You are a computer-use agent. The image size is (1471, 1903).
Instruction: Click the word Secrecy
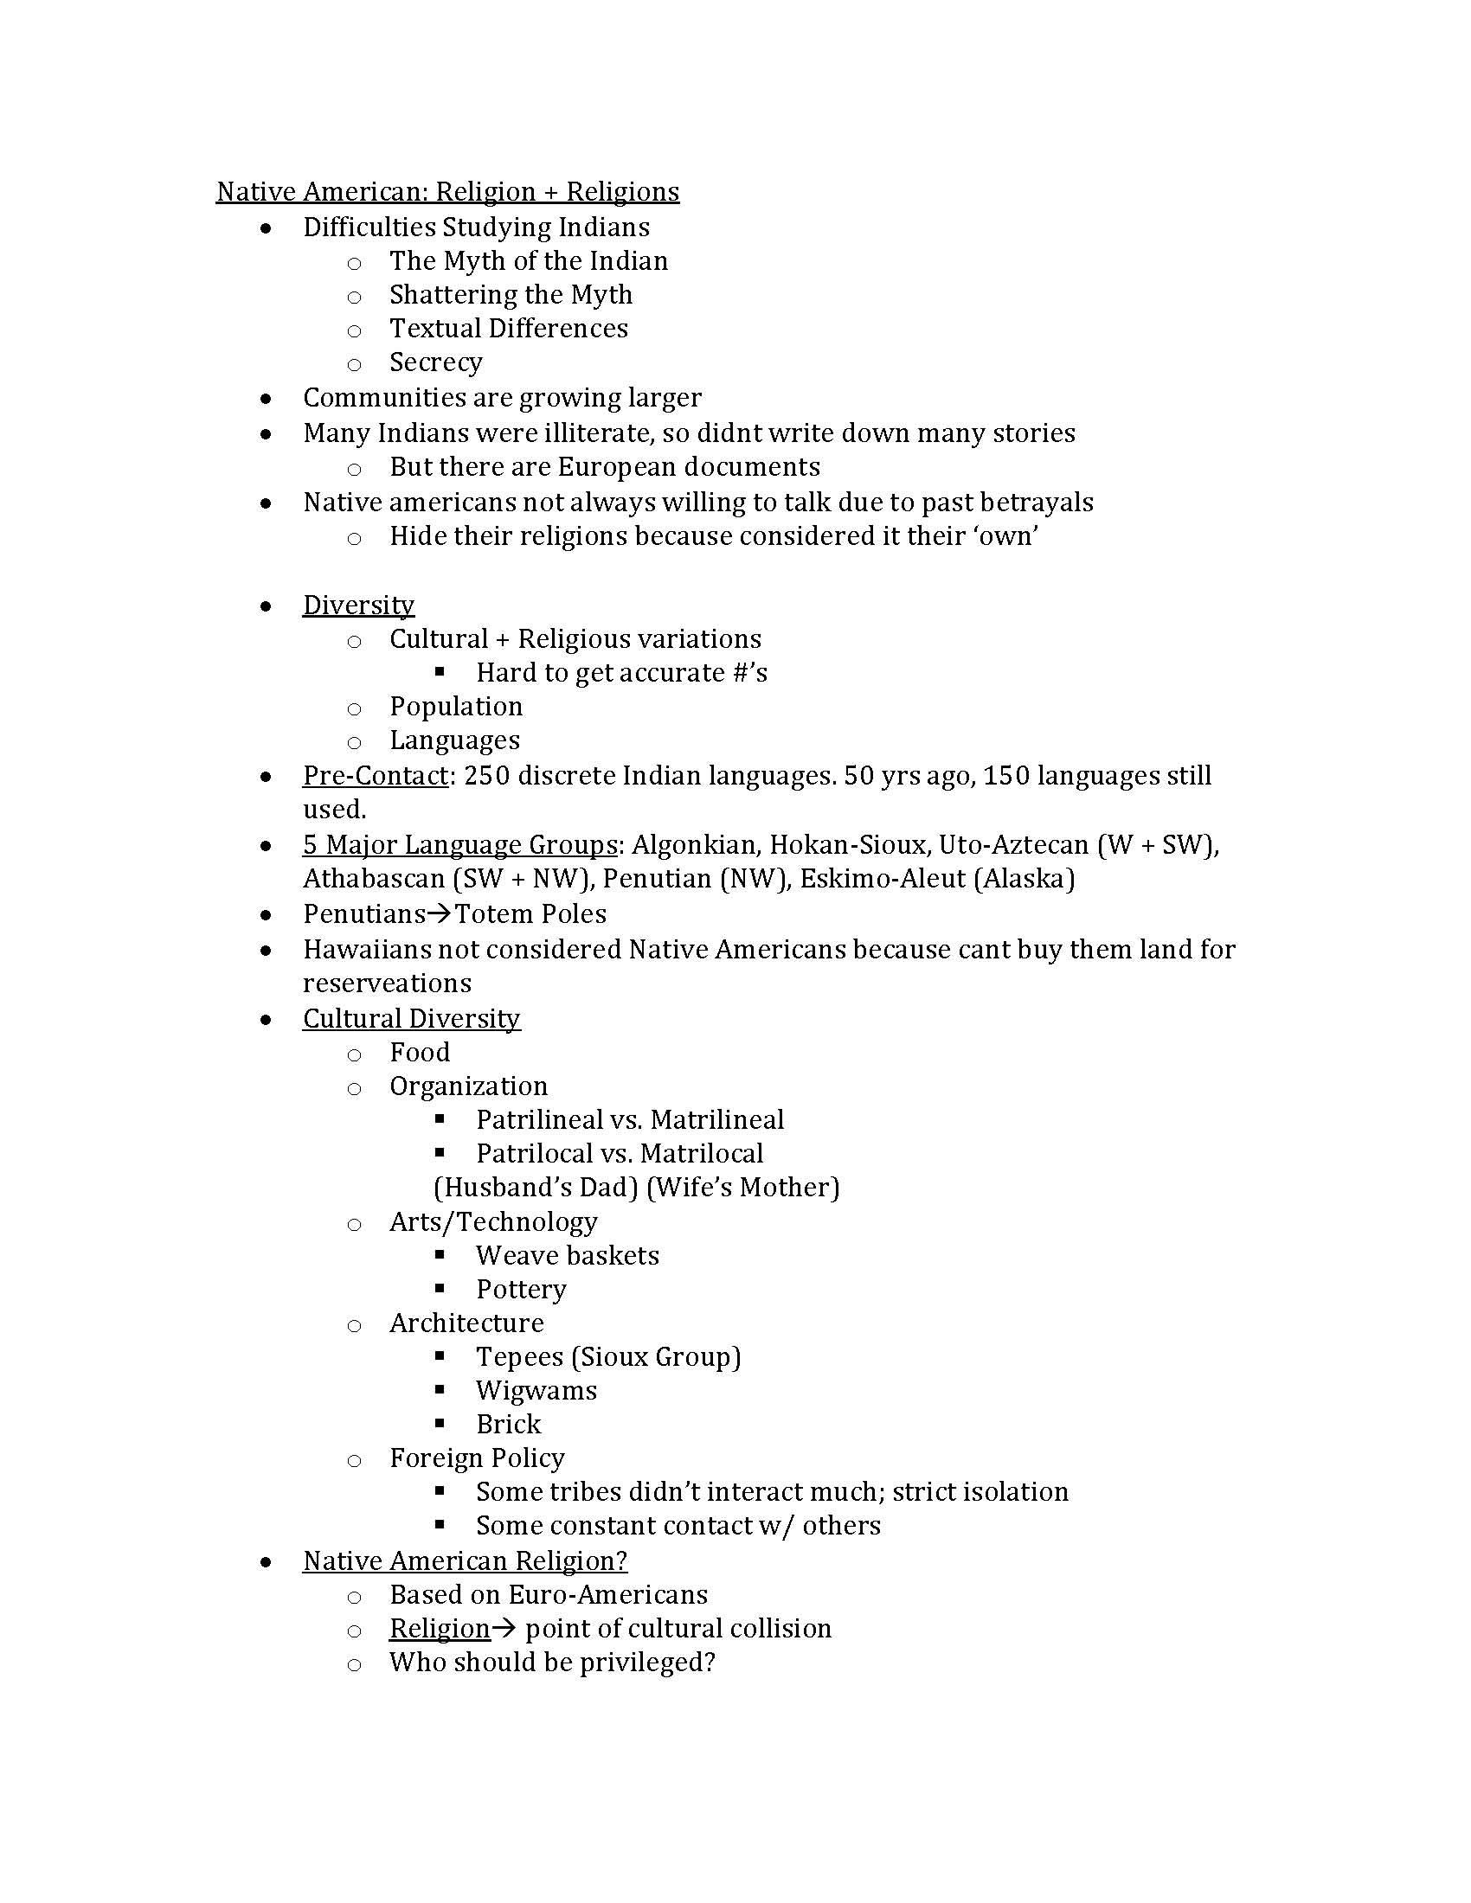(x=436, y=362)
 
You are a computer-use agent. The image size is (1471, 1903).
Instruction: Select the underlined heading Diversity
(x=358, y=605)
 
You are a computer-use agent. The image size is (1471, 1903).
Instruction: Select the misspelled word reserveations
(x=387, y=983)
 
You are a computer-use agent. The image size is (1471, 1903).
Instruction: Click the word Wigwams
(x=536, y=1391)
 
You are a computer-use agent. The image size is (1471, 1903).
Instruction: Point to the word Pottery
(x=521, y=1289)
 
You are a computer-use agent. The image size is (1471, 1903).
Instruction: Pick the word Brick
(x=508, y=1425)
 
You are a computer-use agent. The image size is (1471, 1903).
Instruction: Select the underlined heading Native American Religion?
(x=465, y=1560)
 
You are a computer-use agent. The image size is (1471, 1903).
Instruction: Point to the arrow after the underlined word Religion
(x=504, y=1629)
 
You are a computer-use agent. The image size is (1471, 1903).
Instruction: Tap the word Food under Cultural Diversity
(x=419, y=1053)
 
